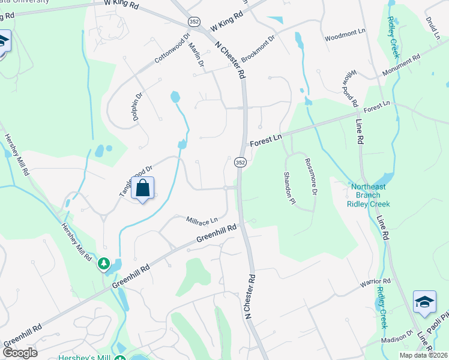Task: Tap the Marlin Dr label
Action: point(196,55)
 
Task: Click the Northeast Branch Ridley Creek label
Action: point(369,195)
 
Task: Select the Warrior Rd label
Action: point(375,281)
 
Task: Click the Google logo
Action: point(19,353)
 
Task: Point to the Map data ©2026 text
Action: point(423,355)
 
